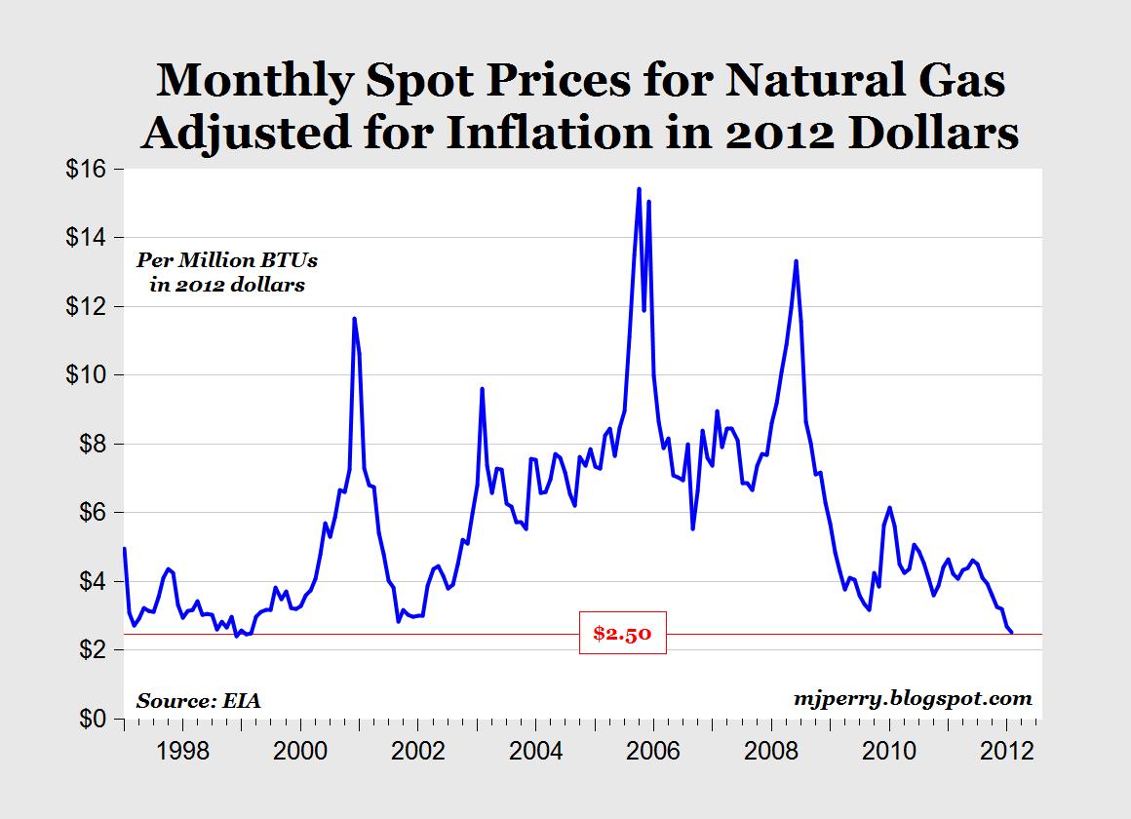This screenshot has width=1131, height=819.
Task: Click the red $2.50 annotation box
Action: point(622,635)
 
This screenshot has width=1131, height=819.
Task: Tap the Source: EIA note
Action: point(199,700)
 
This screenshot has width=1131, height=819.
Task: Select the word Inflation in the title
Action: point(550,132)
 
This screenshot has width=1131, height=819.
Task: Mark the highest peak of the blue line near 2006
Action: point(639,189)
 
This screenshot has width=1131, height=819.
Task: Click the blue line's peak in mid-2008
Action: point(797,260)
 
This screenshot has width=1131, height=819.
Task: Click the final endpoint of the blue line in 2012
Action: point(1011,633)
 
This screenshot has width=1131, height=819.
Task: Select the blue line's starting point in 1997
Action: point(124,549)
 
